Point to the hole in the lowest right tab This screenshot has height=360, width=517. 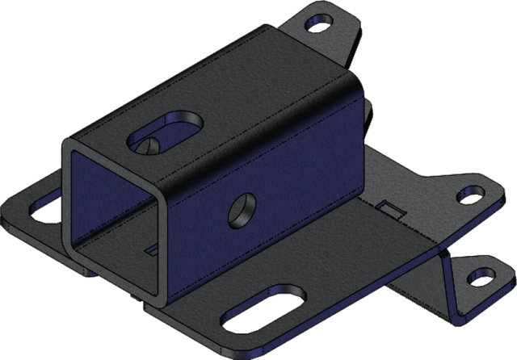tap(482, 278)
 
